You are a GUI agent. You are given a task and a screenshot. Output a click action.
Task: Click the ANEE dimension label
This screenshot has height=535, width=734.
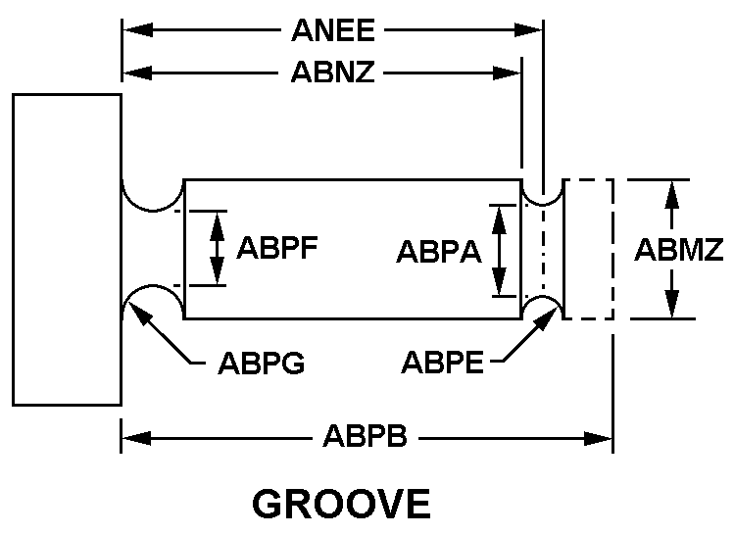332,30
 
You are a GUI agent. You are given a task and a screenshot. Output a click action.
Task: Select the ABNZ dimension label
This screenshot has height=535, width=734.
332,73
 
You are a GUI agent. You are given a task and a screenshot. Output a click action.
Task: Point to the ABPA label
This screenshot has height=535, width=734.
438,252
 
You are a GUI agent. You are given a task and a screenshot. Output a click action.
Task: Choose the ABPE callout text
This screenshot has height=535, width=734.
442,363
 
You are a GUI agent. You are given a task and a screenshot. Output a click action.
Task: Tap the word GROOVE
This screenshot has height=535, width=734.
341,504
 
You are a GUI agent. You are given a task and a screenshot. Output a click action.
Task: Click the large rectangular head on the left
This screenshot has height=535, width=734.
67,249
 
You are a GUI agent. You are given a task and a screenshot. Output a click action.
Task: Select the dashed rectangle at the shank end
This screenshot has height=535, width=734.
589,249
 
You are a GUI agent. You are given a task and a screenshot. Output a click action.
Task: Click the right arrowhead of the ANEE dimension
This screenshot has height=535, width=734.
539,30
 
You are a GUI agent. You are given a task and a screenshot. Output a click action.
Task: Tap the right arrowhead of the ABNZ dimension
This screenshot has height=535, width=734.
517,73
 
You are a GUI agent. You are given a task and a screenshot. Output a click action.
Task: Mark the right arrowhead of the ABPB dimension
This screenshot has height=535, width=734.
609,438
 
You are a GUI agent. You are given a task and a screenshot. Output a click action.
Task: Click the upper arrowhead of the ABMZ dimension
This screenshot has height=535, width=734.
671,183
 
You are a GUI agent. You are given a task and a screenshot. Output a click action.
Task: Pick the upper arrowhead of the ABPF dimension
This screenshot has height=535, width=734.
217,214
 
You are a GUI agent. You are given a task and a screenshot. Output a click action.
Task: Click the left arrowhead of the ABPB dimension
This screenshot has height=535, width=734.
125,438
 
